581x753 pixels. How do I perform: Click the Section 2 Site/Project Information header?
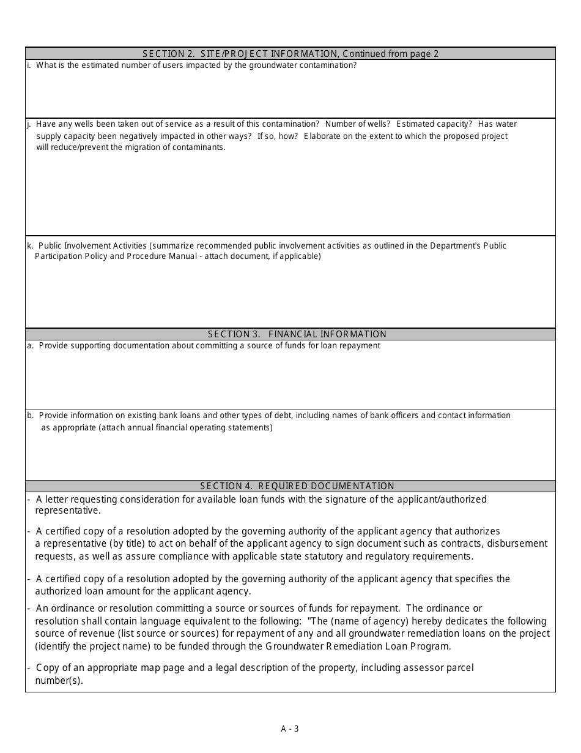[290, 54]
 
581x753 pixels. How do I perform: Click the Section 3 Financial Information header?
[297, 334]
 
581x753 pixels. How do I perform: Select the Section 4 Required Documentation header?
[297, 486]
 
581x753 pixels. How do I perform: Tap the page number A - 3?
[290, 729]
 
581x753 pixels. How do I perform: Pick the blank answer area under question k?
[290, 294]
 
